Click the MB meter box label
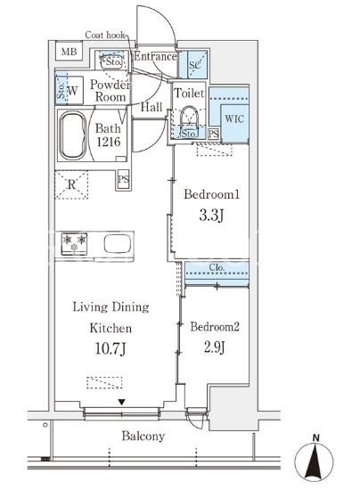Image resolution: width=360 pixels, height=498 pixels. (x=69, y=52)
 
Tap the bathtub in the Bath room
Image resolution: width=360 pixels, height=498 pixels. (x=73, y=135)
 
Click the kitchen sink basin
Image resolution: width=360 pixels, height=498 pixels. (x=118, y=243)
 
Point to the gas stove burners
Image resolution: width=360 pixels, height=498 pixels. (x=74, y=243)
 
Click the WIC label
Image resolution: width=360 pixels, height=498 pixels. (x=234, y=119)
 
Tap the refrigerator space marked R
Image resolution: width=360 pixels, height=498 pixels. (x=71, y=184)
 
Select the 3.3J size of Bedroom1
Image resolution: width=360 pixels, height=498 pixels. (x=211, y=216)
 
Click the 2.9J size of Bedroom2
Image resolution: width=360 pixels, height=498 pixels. (x=215, y=347)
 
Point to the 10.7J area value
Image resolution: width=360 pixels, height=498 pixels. (x=110, y=348)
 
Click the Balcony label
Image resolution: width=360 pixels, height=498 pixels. (x=143, y=437)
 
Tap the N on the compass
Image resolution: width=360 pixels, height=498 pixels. (x=315, y=438)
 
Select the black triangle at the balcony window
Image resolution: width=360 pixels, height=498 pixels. (x=122, y=403)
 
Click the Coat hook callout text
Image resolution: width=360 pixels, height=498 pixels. (x=105, y=35)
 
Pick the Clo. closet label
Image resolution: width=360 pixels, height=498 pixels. (x=217, y=267)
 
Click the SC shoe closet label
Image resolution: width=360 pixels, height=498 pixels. (x=195, y=65)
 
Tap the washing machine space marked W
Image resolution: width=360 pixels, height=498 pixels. (x=72, y=91)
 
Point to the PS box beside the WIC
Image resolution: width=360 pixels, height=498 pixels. (x=214, y=134)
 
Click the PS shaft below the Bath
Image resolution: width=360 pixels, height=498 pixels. (x=123, y=179)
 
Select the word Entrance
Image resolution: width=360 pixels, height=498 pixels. (x=155, y=56)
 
